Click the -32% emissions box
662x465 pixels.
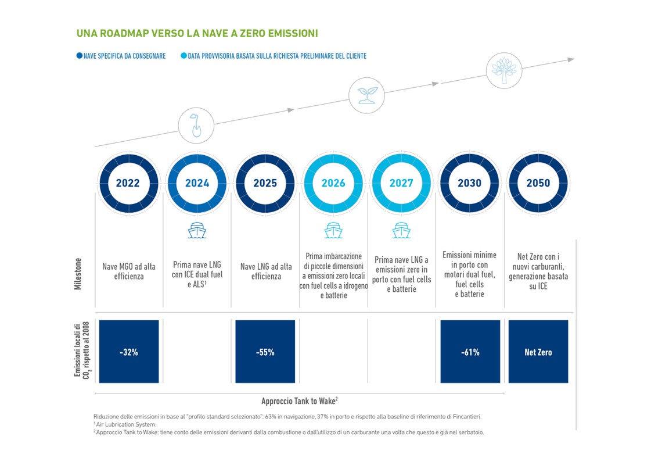[129, 351]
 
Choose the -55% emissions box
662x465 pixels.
[265, 351]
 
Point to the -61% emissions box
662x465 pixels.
[470, 351]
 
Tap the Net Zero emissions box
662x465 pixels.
[538, 351]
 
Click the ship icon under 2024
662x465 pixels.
[197, 230]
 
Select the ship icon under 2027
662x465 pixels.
[401, 230]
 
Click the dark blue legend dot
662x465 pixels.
[80, 55]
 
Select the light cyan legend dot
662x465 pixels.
[184, 55]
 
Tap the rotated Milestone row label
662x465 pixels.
[78, 274]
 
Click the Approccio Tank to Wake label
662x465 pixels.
[299, 400]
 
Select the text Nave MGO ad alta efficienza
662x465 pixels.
[129, 271]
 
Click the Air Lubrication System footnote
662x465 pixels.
[125, 424]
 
